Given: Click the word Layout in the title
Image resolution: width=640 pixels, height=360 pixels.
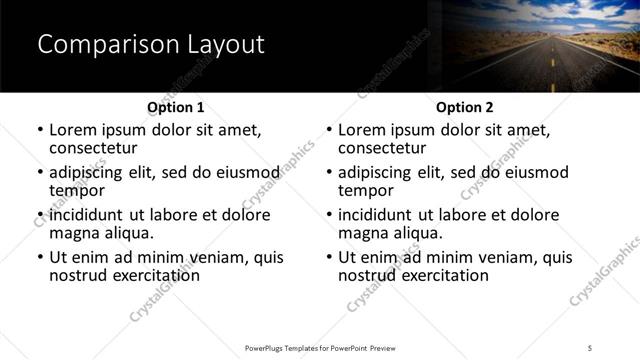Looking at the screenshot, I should (224, 45).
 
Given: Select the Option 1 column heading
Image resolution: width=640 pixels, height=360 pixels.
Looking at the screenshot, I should (176, 107).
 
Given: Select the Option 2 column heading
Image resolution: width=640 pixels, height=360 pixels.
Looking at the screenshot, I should (465, 107).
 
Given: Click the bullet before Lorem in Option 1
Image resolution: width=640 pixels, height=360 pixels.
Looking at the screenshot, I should (40, 130).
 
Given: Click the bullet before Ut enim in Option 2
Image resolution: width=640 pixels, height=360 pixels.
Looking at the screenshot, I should (329, 257).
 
